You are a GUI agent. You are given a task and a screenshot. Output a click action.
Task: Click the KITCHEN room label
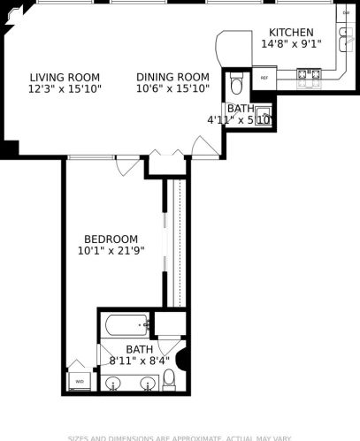[x=290, y=32]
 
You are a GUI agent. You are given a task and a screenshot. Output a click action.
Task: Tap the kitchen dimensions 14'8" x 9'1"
[x=290, y=43]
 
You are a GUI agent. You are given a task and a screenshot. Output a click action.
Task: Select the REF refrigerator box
[x=264, y=79]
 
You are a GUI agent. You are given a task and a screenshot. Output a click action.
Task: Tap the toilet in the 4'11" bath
[x=235, y=86]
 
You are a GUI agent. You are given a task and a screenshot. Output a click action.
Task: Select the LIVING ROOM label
[x=64, y=77]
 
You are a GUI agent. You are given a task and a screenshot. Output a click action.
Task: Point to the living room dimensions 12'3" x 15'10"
[x=64, y=88]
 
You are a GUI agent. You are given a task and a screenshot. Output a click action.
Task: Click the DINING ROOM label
[x=172, y=77]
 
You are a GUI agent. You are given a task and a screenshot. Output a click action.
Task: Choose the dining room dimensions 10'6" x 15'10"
[x=172, y=88]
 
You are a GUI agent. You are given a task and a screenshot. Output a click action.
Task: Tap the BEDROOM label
[x=111, y=239]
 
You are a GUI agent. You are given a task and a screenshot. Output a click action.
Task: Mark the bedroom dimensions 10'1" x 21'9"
[x=111, y=251]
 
